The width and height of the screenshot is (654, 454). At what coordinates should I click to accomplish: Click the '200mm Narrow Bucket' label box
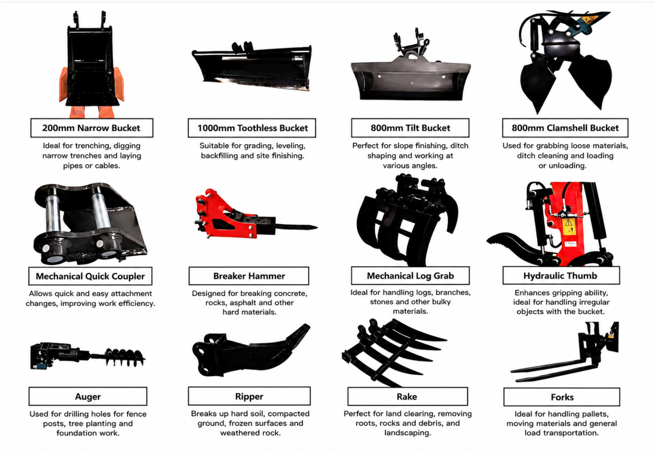92,128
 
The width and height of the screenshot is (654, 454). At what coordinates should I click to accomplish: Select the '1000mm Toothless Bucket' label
252,128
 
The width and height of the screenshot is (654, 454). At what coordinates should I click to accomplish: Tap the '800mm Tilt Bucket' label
410,128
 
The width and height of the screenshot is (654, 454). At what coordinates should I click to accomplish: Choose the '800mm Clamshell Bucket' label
565,128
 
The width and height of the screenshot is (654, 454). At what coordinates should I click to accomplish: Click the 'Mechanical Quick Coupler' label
90,276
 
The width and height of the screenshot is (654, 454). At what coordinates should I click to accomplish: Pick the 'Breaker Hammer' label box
249,276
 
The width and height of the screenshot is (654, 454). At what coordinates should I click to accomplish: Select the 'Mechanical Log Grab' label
410,275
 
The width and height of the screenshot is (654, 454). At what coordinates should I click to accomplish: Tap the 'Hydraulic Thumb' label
561,275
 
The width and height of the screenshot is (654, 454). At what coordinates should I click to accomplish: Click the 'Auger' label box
88,396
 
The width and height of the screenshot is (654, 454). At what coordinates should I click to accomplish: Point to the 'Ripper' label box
249,396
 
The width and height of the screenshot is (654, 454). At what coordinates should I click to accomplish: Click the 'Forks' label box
562,397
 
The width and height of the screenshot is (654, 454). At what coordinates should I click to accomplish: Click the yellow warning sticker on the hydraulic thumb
568,226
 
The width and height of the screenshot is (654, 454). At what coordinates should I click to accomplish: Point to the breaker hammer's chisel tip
317,227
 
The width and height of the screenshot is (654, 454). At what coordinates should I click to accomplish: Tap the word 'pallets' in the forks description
595,414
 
